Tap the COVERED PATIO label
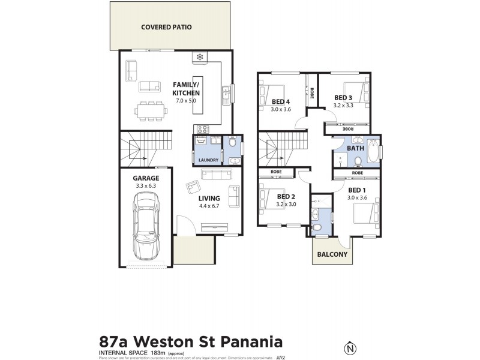coord(166,26)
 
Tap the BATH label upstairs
coord(355,148)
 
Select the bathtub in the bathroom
coord(373,151)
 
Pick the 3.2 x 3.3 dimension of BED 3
coord(343,106)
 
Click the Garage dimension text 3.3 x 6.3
coord(146,186)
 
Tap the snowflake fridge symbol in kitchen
coord(199,58)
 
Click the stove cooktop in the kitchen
coord(200,129)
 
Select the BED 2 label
coord(286,196)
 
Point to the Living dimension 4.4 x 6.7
coord(209,206)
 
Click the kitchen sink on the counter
coord(226,93)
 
